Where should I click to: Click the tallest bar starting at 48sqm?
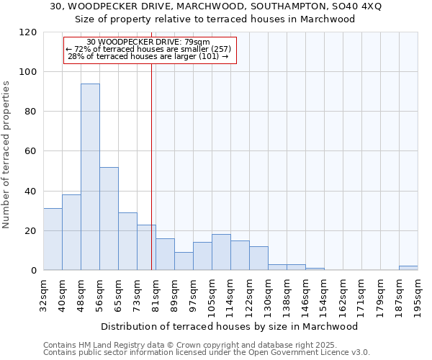pos(90,177)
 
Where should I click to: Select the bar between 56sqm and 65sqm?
pos(109,219)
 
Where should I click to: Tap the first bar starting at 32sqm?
pos(53,239)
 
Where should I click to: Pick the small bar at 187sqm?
pos(408,268)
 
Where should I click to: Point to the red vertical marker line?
pos(151,166)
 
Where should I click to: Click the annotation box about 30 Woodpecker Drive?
pos(150,50)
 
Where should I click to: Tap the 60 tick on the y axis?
pos(31,151)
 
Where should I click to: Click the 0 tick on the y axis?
pos(34,271)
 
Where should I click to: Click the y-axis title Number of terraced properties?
pos(7,154)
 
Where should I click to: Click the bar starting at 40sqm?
pos(71,233)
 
